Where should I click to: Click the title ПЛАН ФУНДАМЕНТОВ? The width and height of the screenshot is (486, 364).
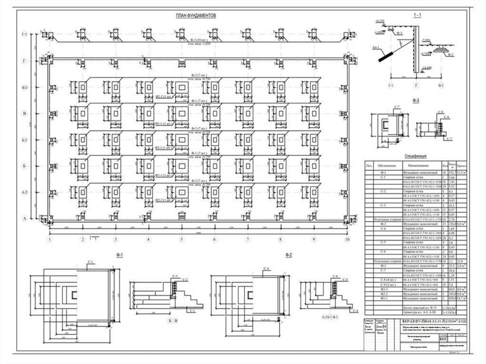tap(196, 16)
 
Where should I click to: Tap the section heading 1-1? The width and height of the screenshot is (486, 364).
tap(417, 16)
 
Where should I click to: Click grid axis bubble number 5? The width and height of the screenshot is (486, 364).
tap(181, 240)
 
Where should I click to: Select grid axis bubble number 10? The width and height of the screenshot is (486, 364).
tap(347, 240)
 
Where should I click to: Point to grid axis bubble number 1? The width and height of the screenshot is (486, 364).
tap(49, 240)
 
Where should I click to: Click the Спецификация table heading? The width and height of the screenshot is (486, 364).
tap(416, 156)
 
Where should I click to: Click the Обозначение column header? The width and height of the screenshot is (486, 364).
tap(383, 166)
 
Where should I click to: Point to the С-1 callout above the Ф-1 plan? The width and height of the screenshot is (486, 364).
tap(91, 262)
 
